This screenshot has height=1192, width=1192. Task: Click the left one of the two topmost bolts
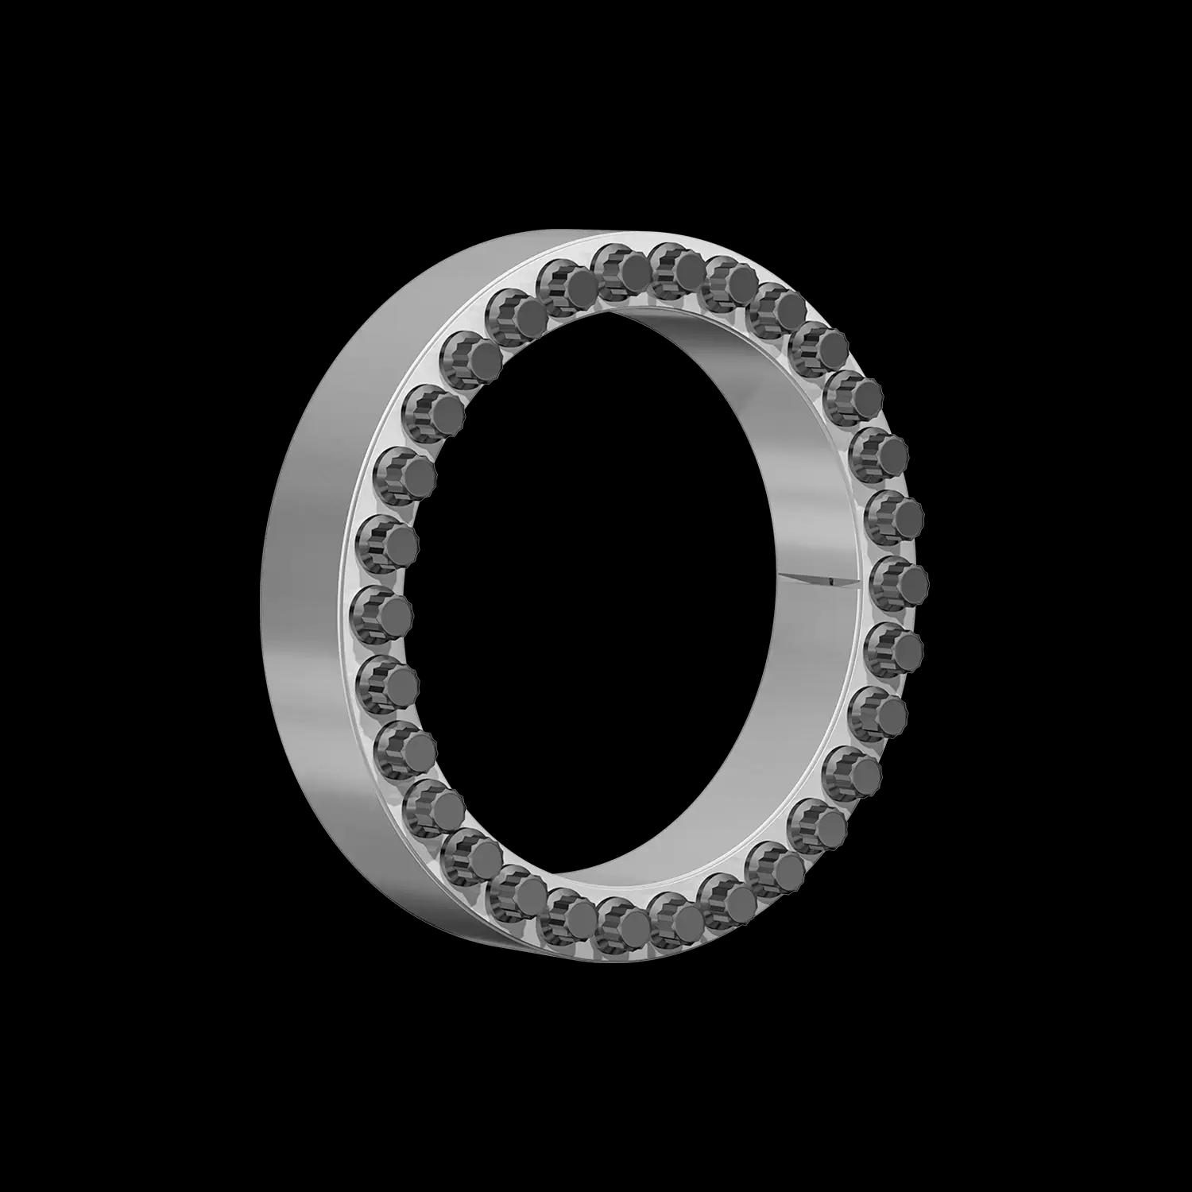621,273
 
